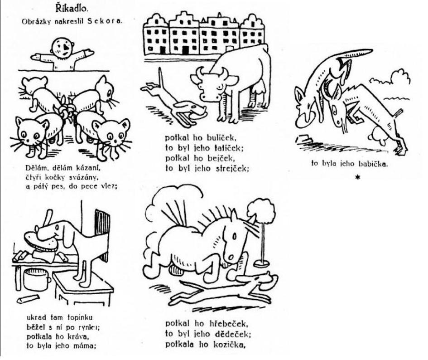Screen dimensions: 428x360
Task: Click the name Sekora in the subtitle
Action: (104, 21)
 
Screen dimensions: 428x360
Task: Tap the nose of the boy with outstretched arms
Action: (65, 49)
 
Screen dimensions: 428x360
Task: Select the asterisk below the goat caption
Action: (358, 178)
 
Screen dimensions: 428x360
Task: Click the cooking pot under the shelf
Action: (37, 279)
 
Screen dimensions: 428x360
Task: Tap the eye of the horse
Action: (235, 236)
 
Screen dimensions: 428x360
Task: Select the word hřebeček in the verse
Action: (229, 324)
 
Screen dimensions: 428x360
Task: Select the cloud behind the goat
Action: (391, 78)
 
